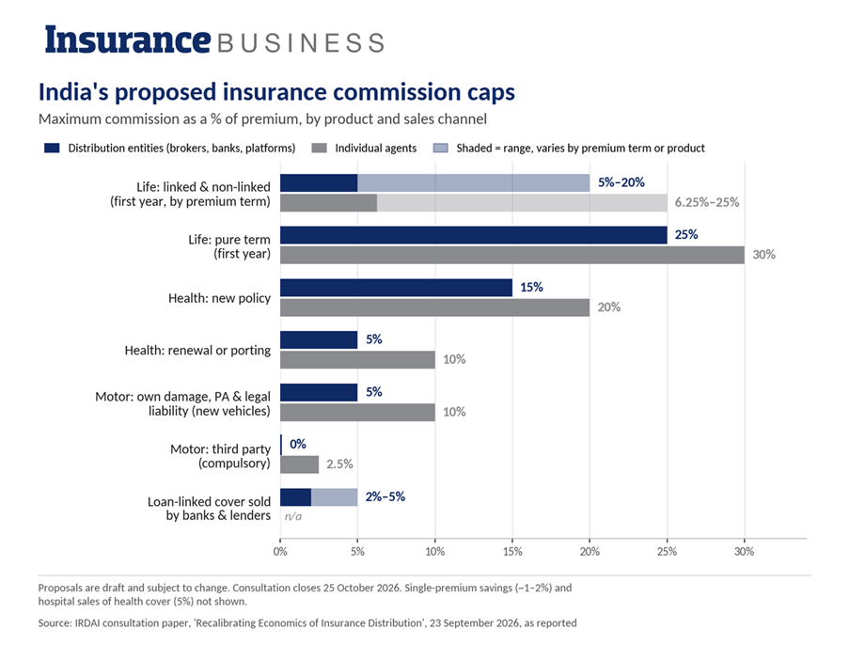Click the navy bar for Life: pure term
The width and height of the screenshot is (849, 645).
[473, 235]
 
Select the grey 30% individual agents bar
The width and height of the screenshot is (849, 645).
[512, 255]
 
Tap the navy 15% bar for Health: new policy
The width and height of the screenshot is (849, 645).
[396, 288]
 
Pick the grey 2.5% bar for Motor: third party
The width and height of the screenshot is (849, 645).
[299, 464]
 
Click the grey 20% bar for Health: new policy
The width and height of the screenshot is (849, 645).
[434, 307]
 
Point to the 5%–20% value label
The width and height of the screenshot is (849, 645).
[621, 182]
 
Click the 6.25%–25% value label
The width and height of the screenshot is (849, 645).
[707, 202]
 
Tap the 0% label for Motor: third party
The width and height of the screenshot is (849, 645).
[298, 444]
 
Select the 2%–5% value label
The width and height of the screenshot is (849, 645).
[385, 496]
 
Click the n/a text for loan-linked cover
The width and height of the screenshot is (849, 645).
[293, 516]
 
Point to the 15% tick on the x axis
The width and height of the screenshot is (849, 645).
[512, 551]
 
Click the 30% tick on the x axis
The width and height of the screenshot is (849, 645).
[744, 551]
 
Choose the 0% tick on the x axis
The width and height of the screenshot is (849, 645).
[280, 551]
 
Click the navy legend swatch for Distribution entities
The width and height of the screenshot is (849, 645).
[52, 148]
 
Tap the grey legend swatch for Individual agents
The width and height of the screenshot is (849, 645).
[320, 148]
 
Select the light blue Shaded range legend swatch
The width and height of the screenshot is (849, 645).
[441, 148]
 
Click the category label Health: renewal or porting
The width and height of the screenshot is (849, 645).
[197, 351]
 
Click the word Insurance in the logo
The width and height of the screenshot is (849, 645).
[127, 39]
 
